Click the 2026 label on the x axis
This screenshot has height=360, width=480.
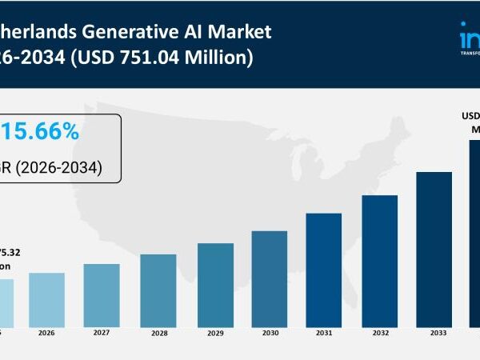(x=46, y=333)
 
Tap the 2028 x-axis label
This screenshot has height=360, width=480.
(x=158, y=333)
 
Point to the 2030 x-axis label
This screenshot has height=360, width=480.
(x=270, y=333)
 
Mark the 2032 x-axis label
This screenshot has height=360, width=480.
(x=380, y=333)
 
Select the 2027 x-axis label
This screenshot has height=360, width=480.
(x=102, y=333)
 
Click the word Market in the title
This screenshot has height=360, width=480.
(x=240, y=32)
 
